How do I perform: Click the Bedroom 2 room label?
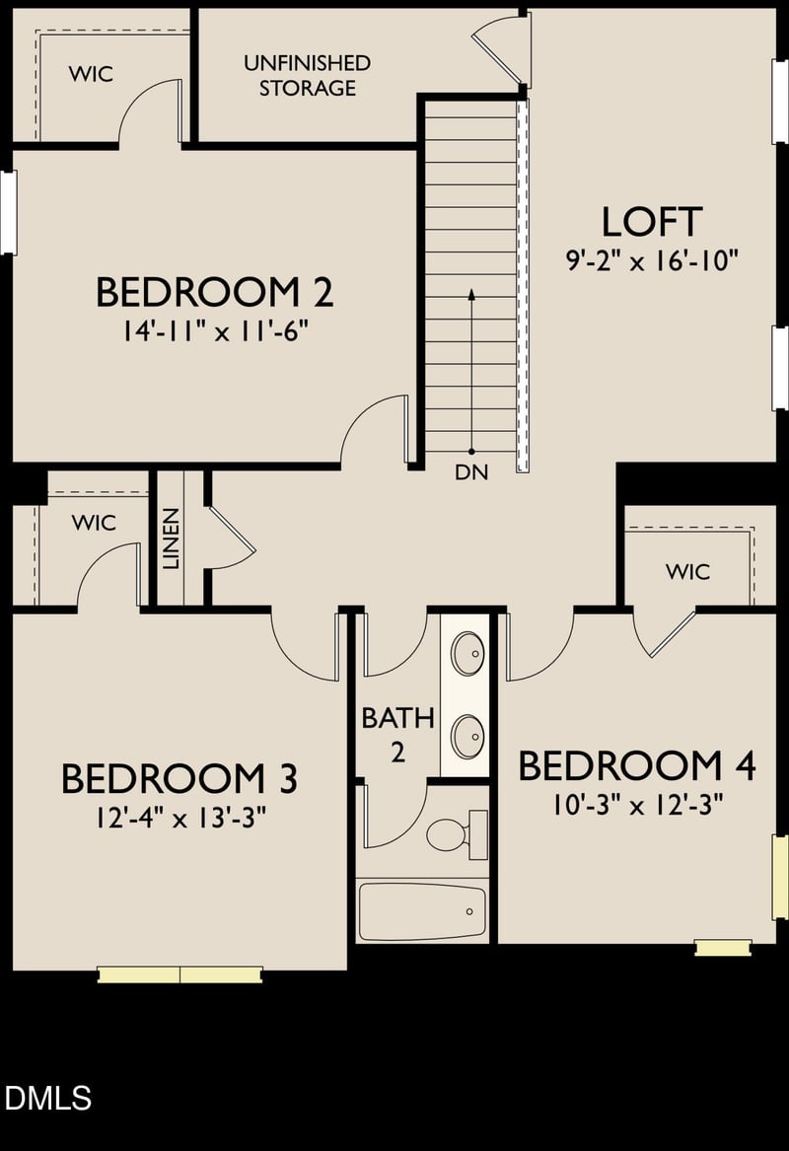[214, 292]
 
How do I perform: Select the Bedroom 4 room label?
[636, 765]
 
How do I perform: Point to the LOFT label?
[652, 222]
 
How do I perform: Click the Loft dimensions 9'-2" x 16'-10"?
[652, 261]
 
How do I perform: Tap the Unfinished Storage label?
[307, 75]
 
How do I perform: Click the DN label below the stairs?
[471, 472]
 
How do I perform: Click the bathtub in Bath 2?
[422, 911]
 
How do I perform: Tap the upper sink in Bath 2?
[467, 652]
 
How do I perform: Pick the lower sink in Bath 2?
[467, 736]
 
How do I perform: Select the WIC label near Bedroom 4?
[687, 571]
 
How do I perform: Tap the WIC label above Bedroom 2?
[91, 74]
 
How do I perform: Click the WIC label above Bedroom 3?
[94, 522]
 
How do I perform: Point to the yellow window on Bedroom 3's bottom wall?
[179, 974]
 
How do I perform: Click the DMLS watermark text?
[47, 1098]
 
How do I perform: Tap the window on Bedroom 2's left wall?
[8, 213]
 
